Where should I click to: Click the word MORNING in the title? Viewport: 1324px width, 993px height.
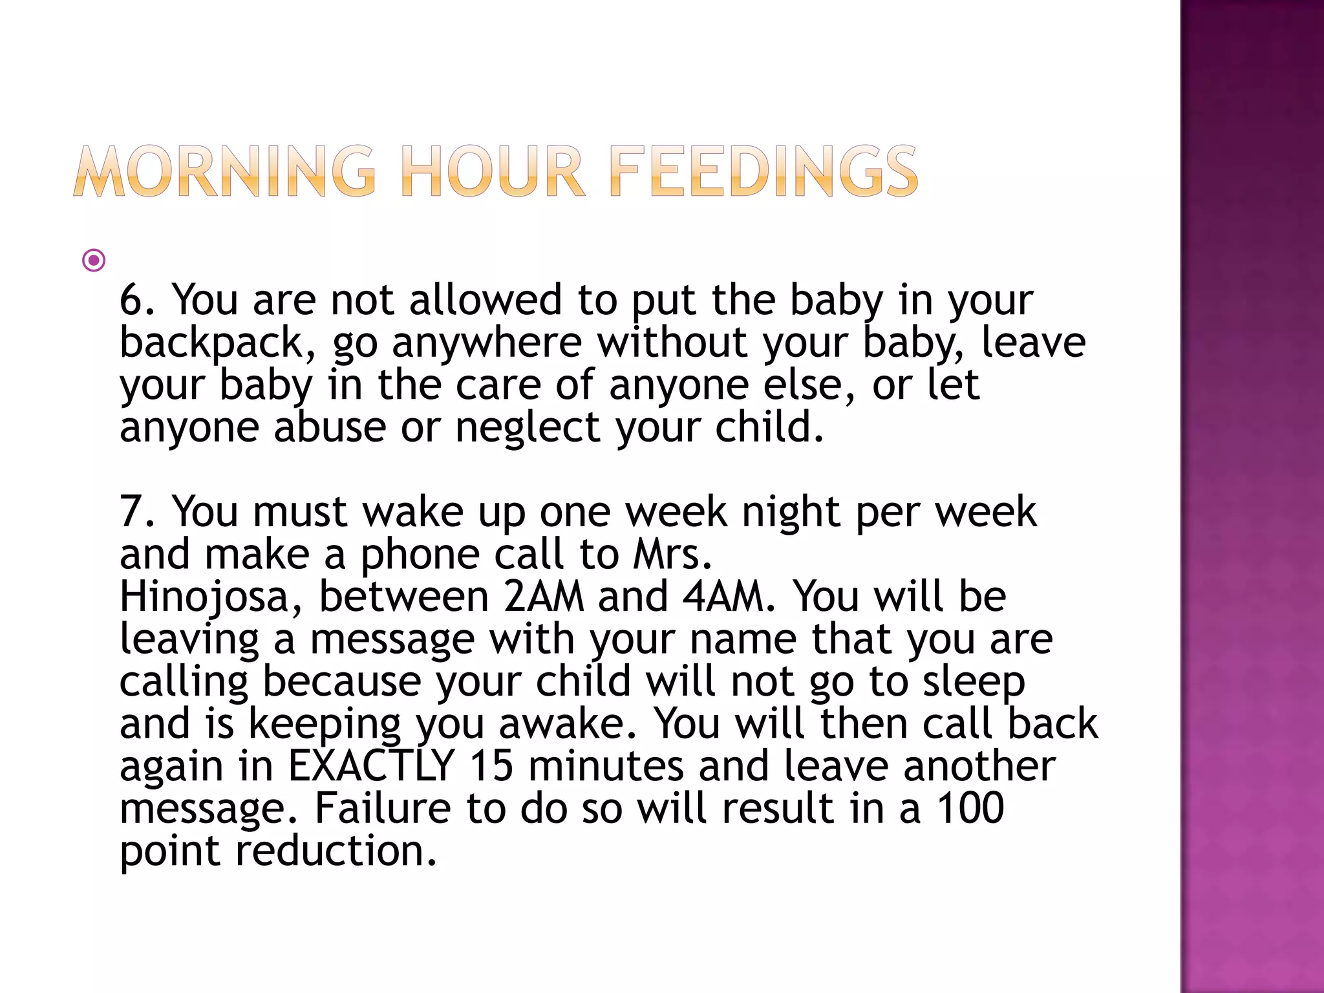[224, 171]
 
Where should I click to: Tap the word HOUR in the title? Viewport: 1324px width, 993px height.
[493, 171]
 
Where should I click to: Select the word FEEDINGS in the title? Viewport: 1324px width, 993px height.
[763, 171]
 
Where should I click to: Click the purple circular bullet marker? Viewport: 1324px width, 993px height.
[94, 261]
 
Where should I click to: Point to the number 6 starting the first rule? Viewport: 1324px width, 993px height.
[132, 300]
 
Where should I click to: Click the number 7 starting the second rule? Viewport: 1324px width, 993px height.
[132, 512]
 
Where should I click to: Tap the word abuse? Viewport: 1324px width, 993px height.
[330, 427]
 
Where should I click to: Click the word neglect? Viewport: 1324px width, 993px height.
[528, 427]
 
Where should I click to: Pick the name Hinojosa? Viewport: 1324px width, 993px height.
[204, 597]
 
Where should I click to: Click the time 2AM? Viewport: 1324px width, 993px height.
[543, 597]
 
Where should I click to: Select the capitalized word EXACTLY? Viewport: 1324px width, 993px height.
[371, 766]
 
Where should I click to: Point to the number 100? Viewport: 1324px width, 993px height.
[970, 808]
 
